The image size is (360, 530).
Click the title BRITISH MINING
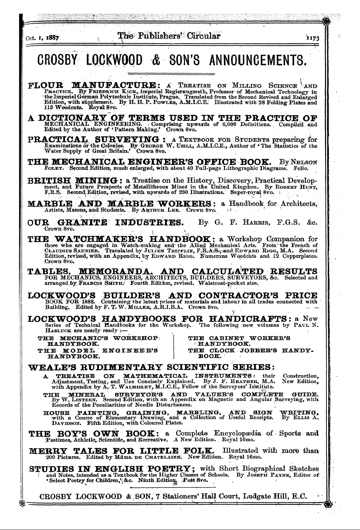(70, 180)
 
